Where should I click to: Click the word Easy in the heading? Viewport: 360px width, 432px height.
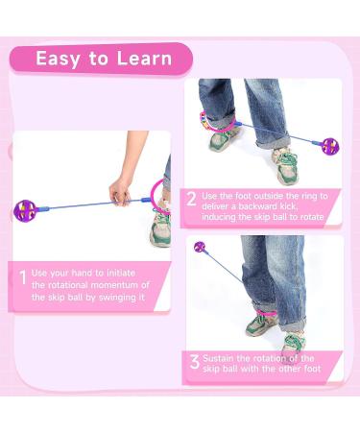(x=58, y=60)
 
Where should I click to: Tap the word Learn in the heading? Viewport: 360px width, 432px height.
(x=144, y=59)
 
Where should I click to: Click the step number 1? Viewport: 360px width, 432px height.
(x=23, y=277)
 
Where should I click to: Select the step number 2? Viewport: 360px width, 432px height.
(x=191, y=200)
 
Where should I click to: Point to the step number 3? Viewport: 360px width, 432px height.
(x=195, y=362)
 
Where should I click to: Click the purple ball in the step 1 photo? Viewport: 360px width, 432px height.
(x=25, y=210)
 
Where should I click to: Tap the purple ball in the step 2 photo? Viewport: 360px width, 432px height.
(x=330, y=147)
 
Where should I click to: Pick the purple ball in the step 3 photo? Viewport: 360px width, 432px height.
(x=199, y=247)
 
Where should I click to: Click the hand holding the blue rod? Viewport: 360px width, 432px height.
(x=120, y=191)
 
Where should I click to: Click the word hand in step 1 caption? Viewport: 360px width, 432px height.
(x=83, y=273)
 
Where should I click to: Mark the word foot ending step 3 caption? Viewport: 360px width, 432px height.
(x=312, y=369)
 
